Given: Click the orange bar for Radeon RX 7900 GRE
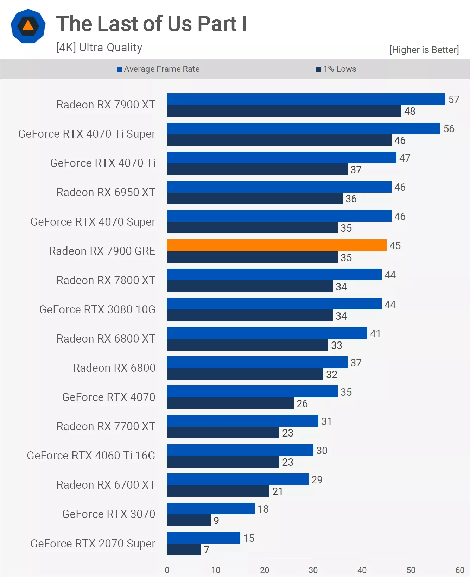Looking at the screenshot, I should click(277, 245).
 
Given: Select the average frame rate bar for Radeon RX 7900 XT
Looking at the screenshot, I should click(306, 99).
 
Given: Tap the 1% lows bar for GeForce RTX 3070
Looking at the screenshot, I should click(189, 520).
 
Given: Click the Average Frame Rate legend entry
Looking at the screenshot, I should click(158, 69).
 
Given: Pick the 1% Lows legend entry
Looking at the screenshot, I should click(336, 69).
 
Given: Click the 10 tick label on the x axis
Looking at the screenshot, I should click(216, 570).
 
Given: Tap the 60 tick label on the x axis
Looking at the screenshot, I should click(459, 570).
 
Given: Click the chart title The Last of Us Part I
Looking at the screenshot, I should click(151, 24).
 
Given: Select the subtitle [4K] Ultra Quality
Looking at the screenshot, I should click(99, 48).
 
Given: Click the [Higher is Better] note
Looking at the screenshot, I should click(424, 50).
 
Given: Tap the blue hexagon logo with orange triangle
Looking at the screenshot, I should click(28, 26).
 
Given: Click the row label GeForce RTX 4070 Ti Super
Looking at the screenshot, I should click(87, 134).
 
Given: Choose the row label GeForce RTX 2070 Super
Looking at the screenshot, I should click(93, 544).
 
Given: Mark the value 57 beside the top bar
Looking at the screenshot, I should click(454, 100).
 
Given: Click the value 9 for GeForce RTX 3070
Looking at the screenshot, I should click(216, 521).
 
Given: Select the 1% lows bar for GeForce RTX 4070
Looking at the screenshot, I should click(230, 403).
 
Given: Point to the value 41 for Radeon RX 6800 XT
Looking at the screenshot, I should click(375, 334).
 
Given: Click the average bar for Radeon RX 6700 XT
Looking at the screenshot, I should click(237, 479).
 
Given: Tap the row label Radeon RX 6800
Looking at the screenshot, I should click(114, 368).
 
